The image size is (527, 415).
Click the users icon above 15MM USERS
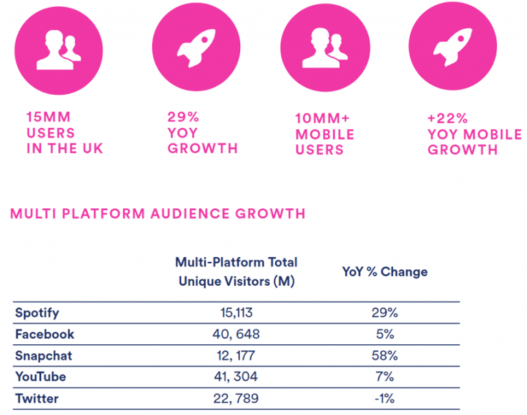(59, 50)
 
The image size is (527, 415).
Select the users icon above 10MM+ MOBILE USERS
(323, 50)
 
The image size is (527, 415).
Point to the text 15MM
(48, 117)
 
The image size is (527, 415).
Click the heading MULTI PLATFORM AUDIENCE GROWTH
(158, 213)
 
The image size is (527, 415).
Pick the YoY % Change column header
(384, 271)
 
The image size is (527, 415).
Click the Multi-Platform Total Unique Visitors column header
(236, 271)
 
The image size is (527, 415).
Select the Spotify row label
(37, 313)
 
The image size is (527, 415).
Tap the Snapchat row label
(43, 356)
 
